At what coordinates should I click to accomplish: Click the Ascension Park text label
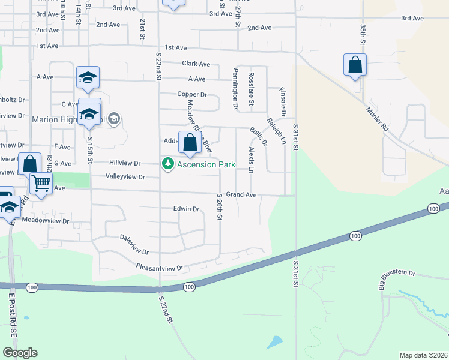coord(205,164)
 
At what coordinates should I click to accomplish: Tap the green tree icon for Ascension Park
coord(169,164)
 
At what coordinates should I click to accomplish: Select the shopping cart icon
coord(41,183)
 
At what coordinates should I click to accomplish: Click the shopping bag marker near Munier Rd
coord(355,65)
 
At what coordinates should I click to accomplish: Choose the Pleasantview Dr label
coord(158,268)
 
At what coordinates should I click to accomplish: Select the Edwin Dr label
coord(185,209)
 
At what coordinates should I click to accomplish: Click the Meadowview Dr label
coord(46,221)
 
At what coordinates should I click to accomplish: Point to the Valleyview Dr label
coord(125,177)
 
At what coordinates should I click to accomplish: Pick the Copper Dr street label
coord(192,94)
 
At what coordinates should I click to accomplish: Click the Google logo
coord(20,353)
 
